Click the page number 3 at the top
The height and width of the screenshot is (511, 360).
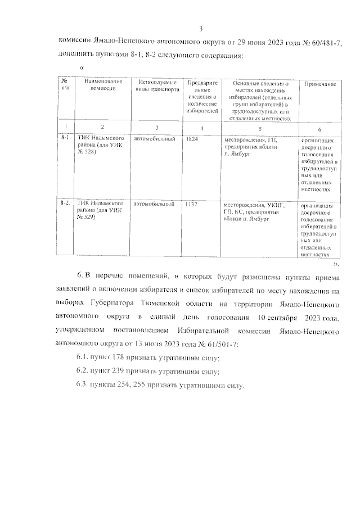coord(200,29)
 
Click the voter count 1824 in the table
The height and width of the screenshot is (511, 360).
coord(192,139)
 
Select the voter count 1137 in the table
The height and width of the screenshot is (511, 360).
coord(192,205)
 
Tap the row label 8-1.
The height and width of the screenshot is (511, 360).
coord(65,138)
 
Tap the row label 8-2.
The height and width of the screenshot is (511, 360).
coord(65,204)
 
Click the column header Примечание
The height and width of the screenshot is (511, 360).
coord(320,84)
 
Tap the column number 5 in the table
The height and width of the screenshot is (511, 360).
coord(259,129)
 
